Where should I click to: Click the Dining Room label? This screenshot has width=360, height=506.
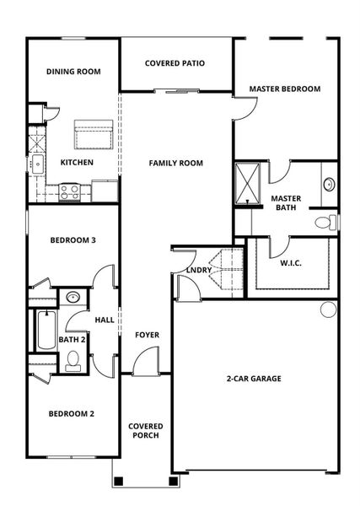coord(73,72)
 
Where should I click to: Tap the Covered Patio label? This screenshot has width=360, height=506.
coord(175,63)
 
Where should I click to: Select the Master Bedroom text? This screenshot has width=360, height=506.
coord(284,89)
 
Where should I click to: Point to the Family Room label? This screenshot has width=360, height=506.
coord(176,163)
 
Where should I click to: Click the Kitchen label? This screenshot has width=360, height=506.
coord(77,162)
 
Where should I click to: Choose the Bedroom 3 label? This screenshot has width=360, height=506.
coord(73,240)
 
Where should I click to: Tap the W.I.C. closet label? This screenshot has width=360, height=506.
coord(292,262)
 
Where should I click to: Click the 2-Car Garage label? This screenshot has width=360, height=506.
coord(254,379)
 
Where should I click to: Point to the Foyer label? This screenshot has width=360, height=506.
coord(147,335)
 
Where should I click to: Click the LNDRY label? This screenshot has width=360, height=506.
coord(199,270)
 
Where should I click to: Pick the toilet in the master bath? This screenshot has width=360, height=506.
coord(324,223)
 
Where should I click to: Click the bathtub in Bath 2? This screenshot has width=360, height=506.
coord(44,331)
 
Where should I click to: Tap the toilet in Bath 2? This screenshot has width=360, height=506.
coord(73,361)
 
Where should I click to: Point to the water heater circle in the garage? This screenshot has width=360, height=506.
coord(327,310)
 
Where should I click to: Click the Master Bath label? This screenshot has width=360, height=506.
coord(287,203)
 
